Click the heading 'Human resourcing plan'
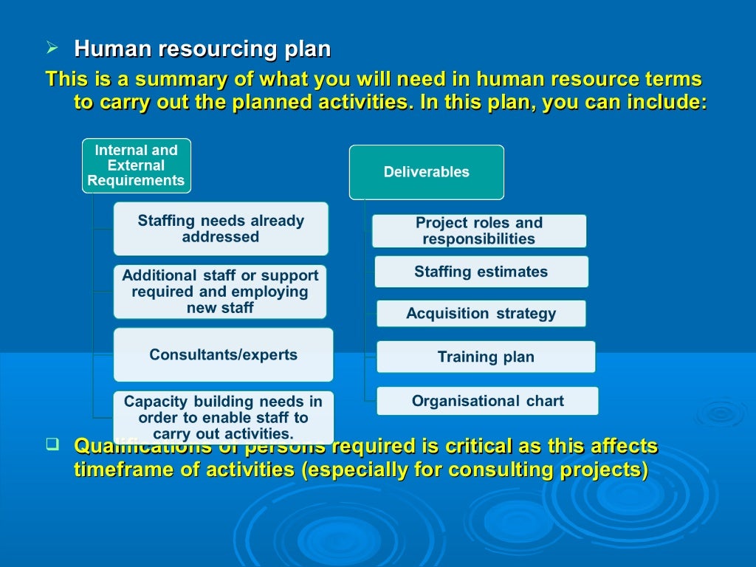tap(202, 49)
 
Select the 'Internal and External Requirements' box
tap(136, 165)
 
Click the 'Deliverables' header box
tap(426, 172)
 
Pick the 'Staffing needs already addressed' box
tap(221, 229)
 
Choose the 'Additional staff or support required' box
tap(220, 292)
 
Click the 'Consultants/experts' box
tap(223, 354)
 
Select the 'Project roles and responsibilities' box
tap(478, 230)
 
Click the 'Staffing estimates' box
tap(481, 272)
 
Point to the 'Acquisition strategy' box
tap(481, 314)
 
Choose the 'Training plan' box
tap(485, 357)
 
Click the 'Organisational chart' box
tap(487, 401)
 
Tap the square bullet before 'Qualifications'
tap(52, 444)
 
